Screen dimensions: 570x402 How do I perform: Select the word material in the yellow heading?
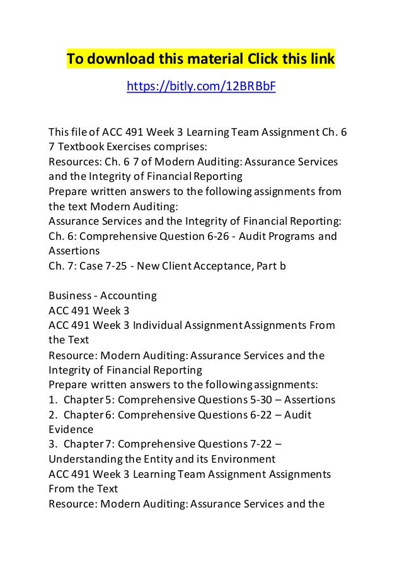pos(201,60)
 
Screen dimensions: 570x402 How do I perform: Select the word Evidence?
pos(69,430)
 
